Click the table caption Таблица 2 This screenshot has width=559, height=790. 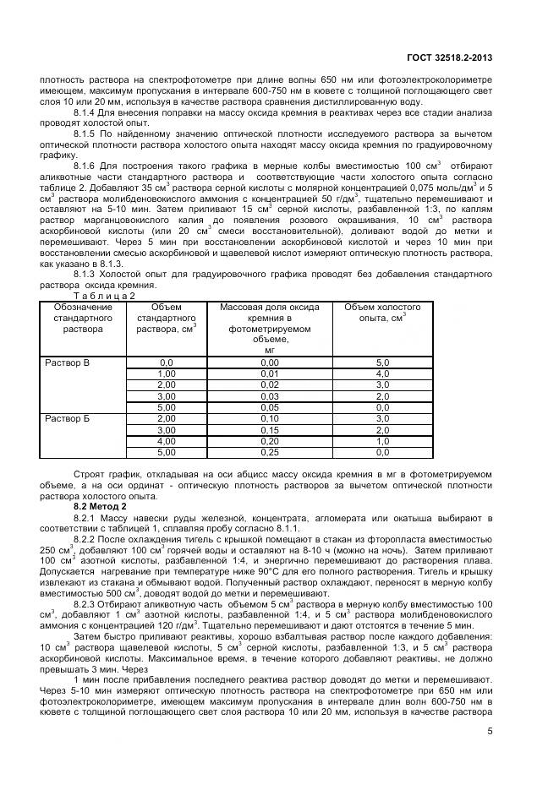(104, 296)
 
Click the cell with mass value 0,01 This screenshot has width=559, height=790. (269, 373)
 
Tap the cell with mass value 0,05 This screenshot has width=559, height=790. (269, 407)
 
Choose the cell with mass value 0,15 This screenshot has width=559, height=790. (269, 430)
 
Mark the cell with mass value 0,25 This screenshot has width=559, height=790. (269, 452)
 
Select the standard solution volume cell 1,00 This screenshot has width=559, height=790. (166, 373)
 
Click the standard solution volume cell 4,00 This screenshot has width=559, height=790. (166, 441)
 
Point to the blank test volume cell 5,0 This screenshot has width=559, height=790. (382, 362)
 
